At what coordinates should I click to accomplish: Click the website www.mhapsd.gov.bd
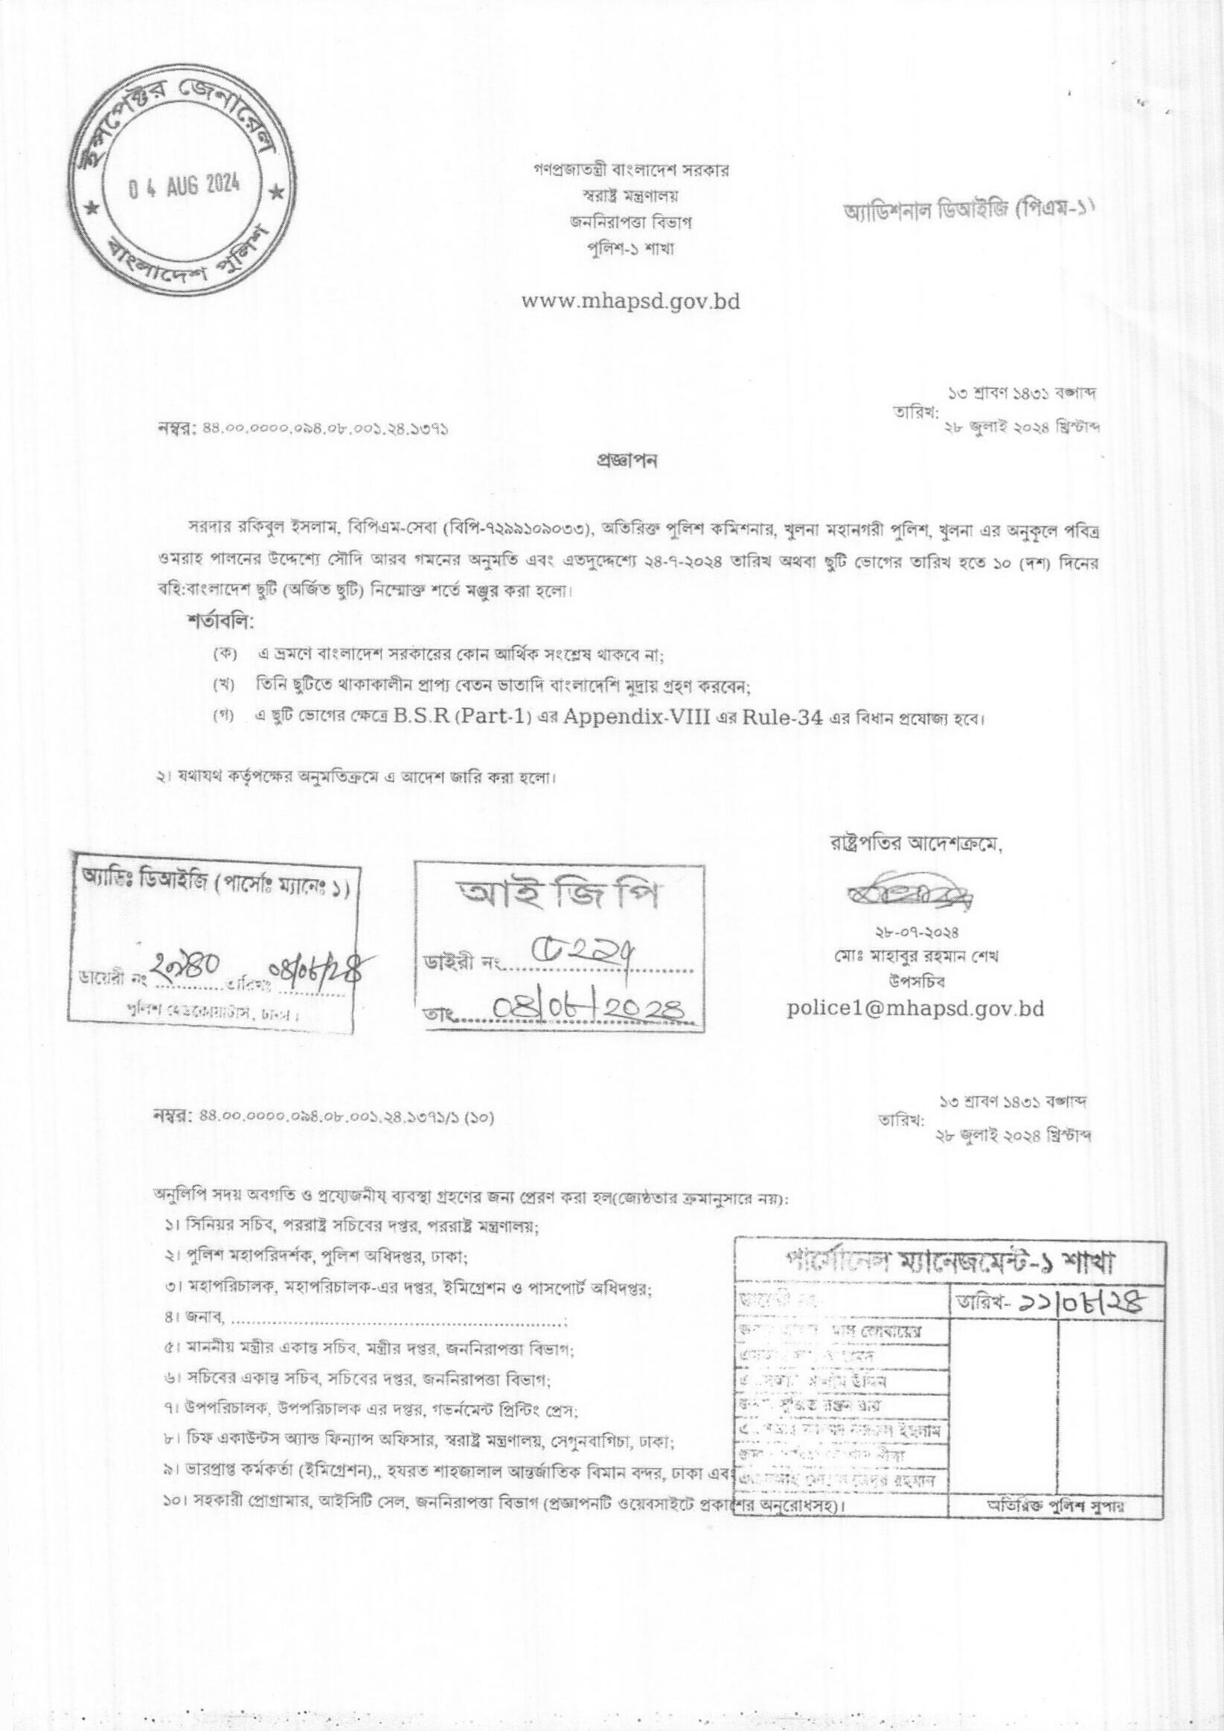631,302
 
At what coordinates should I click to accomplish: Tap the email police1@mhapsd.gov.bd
915,1009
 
